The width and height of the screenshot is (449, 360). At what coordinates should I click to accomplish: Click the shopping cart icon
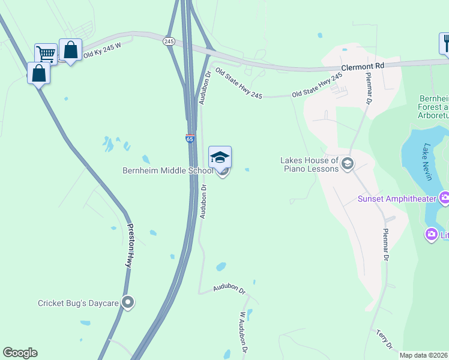tap(45, 54)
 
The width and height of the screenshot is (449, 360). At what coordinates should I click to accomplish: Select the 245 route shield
tap(169, 41)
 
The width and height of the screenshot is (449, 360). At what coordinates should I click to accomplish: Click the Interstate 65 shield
tap(190, 139)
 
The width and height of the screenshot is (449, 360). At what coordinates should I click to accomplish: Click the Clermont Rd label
tap(363, 64)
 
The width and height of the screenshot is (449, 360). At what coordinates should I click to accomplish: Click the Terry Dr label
tap(384, 339)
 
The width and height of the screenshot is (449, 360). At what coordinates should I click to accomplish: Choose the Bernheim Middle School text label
tap(167, 171)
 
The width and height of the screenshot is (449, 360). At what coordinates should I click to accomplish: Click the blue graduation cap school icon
tap(220, 158)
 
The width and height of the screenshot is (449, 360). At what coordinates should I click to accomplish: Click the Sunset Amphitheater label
tap(397, 199)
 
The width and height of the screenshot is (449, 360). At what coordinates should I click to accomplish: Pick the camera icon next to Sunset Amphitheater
tap(445, 197)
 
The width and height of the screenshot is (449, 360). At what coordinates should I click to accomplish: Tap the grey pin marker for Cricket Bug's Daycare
tap(127, 303)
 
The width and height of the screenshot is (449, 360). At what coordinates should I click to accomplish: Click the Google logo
tap(20, 353)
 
